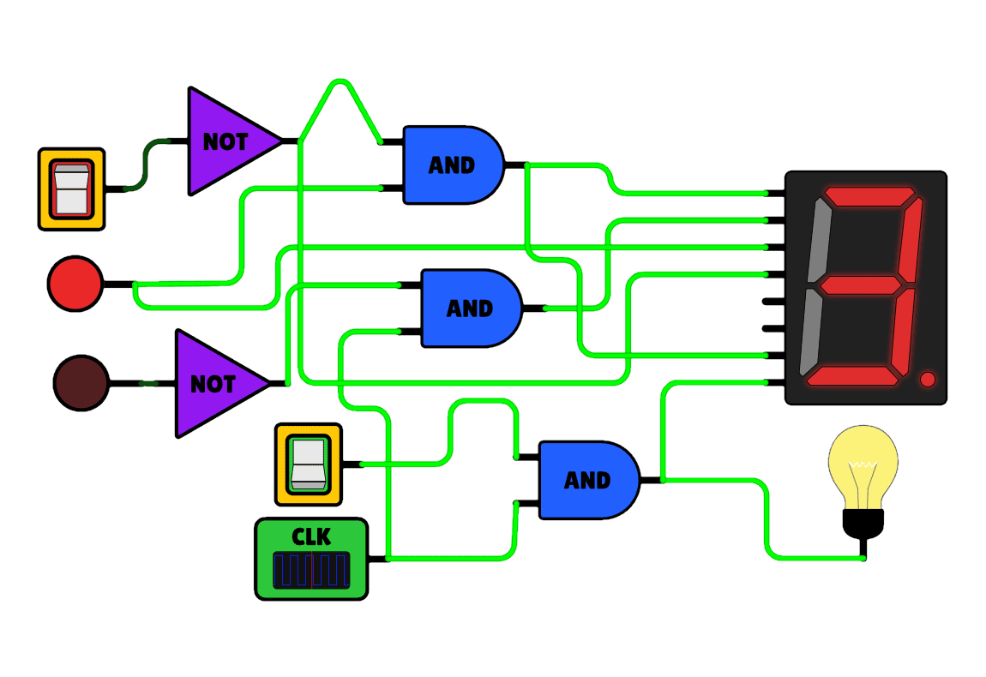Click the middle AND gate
(x=470, y=308)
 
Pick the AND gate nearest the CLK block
(x=587, y=480)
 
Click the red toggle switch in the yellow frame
(x=71, y=189)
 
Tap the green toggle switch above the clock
(x=308, y=464)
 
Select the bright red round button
(x=75, y=283)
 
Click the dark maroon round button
(x=81, y=383)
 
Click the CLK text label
(x=311, y=537)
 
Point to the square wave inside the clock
(x=311, y=570)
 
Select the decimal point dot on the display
(x=927, y=379)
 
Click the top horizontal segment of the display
(x=869, y=196)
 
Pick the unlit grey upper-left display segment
(x=817, y=242)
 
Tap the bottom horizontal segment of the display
(x=852, y=375)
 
